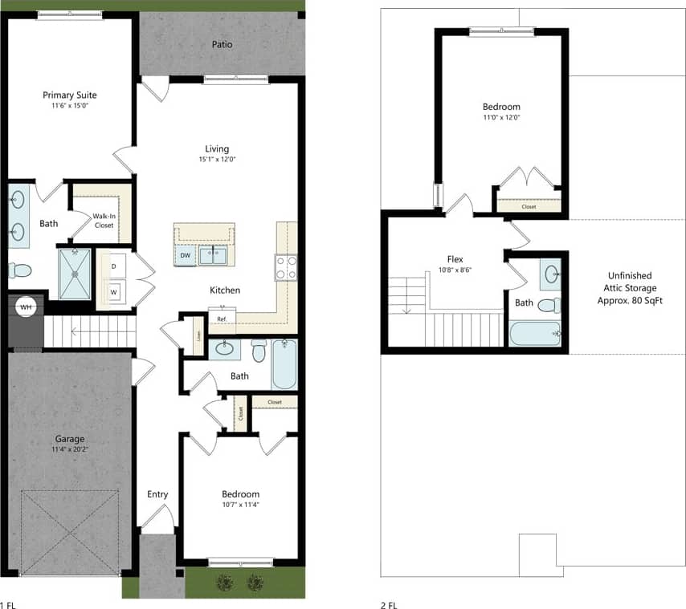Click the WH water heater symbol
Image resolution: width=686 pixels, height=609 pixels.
[x=25, y=307]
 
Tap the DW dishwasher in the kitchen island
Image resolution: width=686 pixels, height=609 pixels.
[x=185, y=255]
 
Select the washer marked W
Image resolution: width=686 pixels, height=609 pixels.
[x=113, y=292]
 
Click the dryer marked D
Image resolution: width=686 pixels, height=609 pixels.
[x=113, y=265]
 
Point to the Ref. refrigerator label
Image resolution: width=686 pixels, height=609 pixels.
[x=221, y=319]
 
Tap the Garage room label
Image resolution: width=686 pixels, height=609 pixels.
[x=70, y=439]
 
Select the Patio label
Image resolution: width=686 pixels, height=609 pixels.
[x=223, y=44]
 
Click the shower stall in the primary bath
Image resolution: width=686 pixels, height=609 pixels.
[x=76, y=272]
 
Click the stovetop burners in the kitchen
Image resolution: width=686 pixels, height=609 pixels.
[x=287, y=267]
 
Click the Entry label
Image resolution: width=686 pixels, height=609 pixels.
[x=157, y=494]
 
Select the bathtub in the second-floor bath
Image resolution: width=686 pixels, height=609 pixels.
[x=534, y=333]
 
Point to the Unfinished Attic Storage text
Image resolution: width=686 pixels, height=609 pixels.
[x=630, y=287]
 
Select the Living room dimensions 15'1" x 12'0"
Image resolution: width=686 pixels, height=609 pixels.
[x=217, y=160]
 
